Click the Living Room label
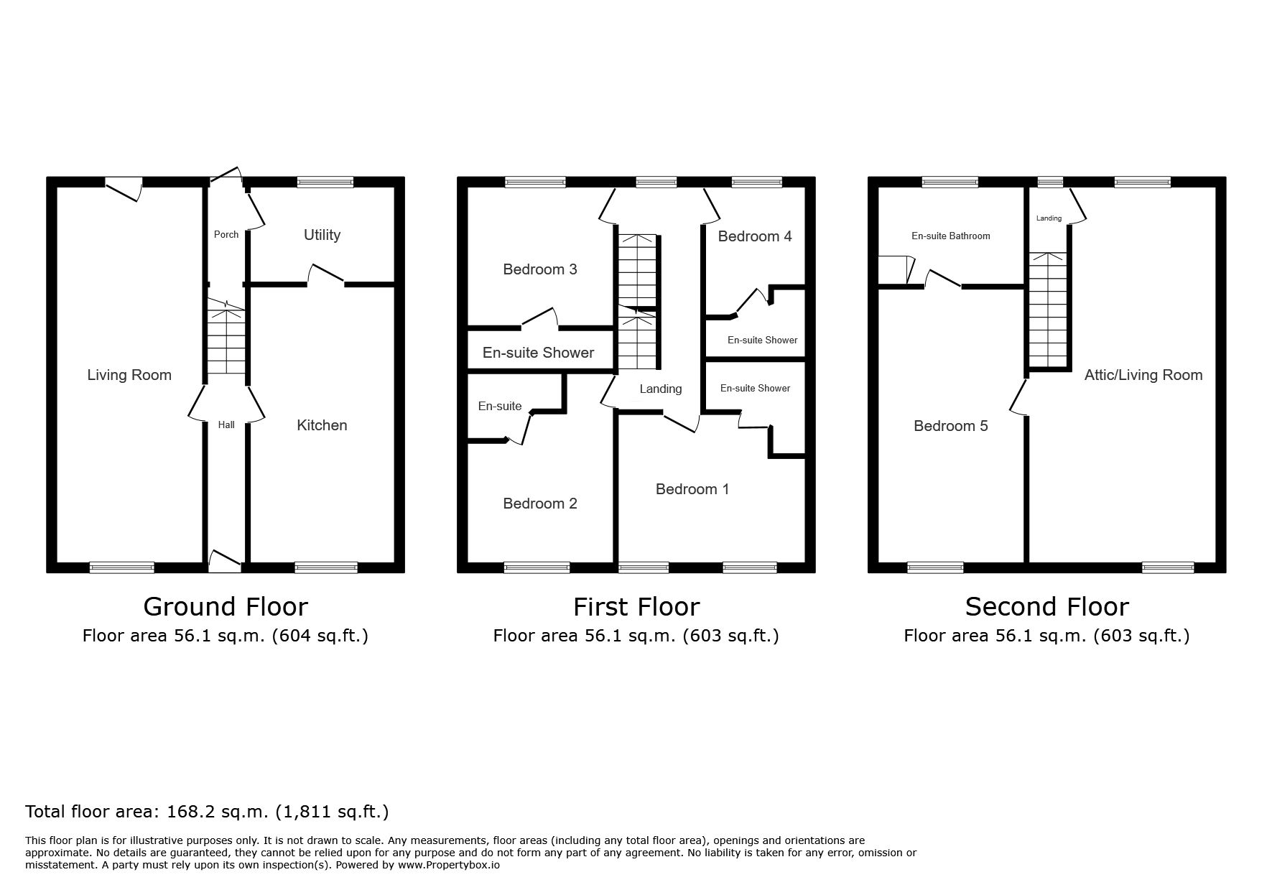pyautogui.click(x=129, y=375)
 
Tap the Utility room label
pyautogui.click(x=322, y=235)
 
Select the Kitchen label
pyautogui.click(x=322, y=425)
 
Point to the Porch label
pyautogui.click(x=226, y=235)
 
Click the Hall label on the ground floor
pyautogui.click(x=226, y=425)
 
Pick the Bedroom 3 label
pyautogui.click(x=540, y=269)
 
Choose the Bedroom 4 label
pyautogui.click(x=755, y=236)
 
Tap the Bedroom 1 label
pyautogui.click(x=692, y=489)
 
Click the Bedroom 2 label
pyautogui.click(x=540, y=504)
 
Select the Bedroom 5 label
pyautogui.click(x=951, y=426)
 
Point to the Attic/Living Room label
pyautogui.click(x=1143, y=375)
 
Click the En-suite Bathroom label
pyautogui.click(x=951, y=236)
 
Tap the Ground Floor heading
pyautogui.click(x=226, y=607)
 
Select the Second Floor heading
pyautogui.click(x=1046, y=607)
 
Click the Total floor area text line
pyautogui.click(x=207, y=812)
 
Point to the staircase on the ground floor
pyautogui.click(x=226, y=338)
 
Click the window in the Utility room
pyautogui.click(x=325, y=182)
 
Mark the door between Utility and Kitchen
pyautogui.click(x=326, y=275)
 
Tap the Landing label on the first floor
pyautogui.click(x=661, y=389)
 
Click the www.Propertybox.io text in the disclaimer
pyautogui.click(x=449, y=865)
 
